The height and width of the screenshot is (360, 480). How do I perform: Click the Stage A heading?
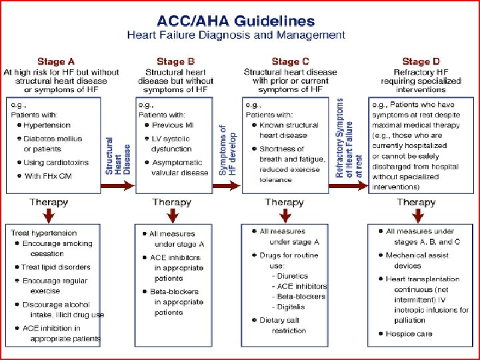click(x=61, y=62)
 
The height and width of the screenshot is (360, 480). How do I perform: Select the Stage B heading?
click(x=175, y=62)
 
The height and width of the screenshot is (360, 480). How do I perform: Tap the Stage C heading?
click(x=290, y=62)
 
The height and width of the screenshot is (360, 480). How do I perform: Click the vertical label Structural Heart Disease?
click(x=118, y=157)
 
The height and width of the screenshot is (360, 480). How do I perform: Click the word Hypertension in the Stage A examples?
click(x=47, y=125)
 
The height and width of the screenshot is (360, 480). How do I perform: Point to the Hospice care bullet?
click(x=409, y=333)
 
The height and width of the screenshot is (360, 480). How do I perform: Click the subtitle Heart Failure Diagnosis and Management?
click(x=236, y=35)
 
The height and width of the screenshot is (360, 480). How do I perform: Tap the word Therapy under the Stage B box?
click(x=171, y=201)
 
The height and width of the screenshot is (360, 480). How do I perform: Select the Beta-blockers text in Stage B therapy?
click(x=175, y=291)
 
